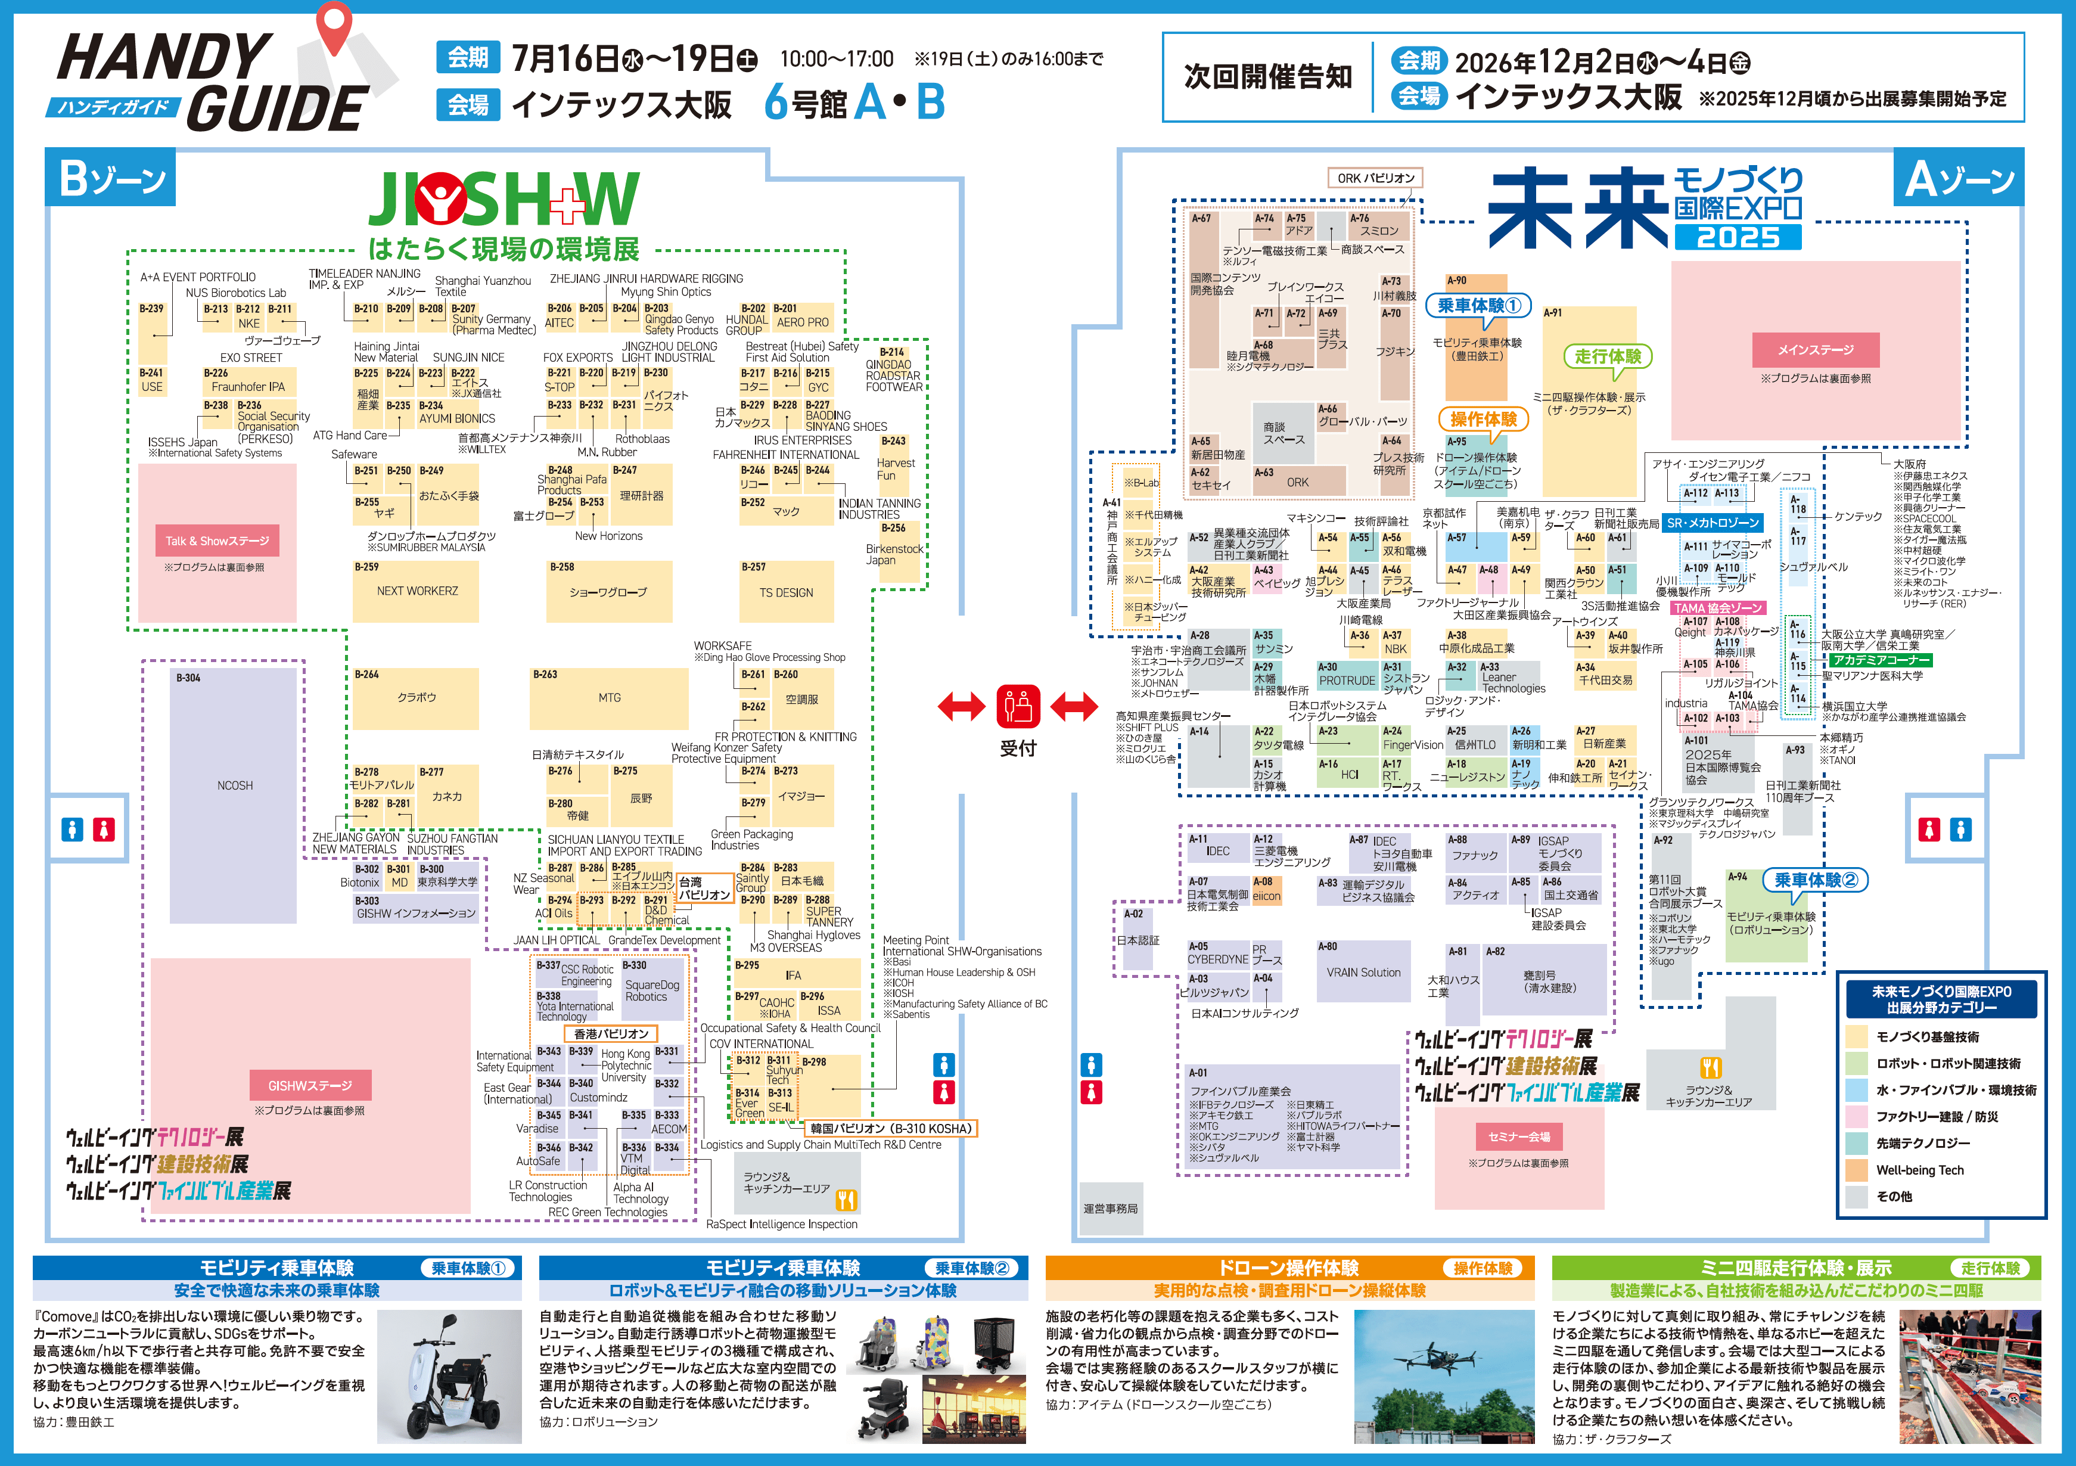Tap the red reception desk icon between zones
click(1018, 706)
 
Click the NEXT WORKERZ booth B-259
click(417, 591)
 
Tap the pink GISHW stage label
click(309, 1085)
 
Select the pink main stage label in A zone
click(1816, 350)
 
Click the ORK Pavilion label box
click(1375, 178)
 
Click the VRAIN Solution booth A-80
click(1363, 972)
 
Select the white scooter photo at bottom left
click(449, 1375)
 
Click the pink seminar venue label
click(1518, 1137)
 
